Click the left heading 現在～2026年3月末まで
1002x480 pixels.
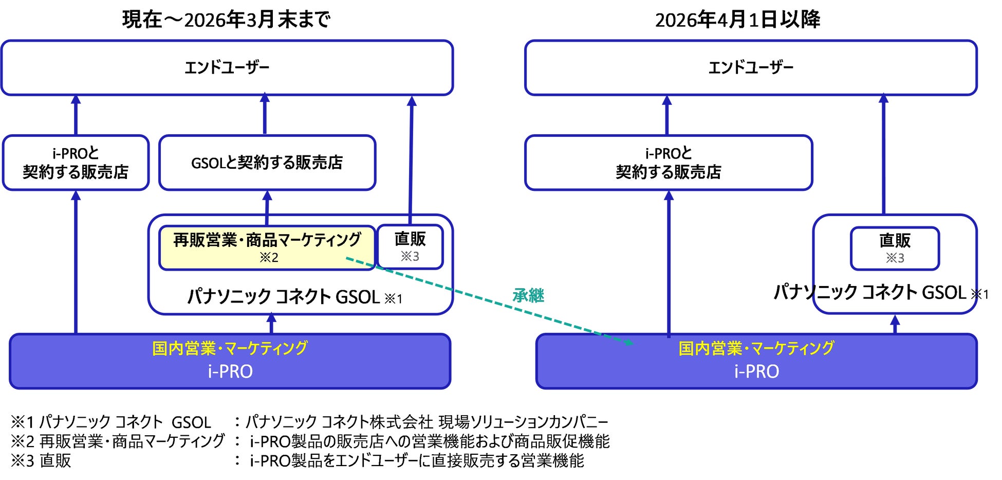point(226,20)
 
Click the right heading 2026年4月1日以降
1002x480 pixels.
point(737,20)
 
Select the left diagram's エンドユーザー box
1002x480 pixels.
point(227,67)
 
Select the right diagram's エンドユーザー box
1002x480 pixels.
point(751,67)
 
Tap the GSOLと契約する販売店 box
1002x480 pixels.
point(267,163)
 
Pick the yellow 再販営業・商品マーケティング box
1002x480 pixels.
point(267,247)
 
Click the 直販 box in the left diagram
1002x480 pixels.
point(410,246)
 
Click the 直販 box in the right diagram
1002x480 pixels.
point(895,248)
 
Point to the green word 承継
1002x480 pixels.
point(528,295)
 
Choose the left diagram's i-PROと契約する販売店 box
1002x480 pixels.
point(76,163)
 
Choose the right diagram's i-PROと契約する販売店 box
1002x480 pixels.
point(668,163)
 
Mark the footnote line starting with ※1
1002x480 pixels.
point(308,422)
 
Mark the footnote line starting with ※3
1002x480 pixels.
point(296,460)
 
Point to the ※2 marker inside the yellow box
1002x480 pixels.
point(269,257)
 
